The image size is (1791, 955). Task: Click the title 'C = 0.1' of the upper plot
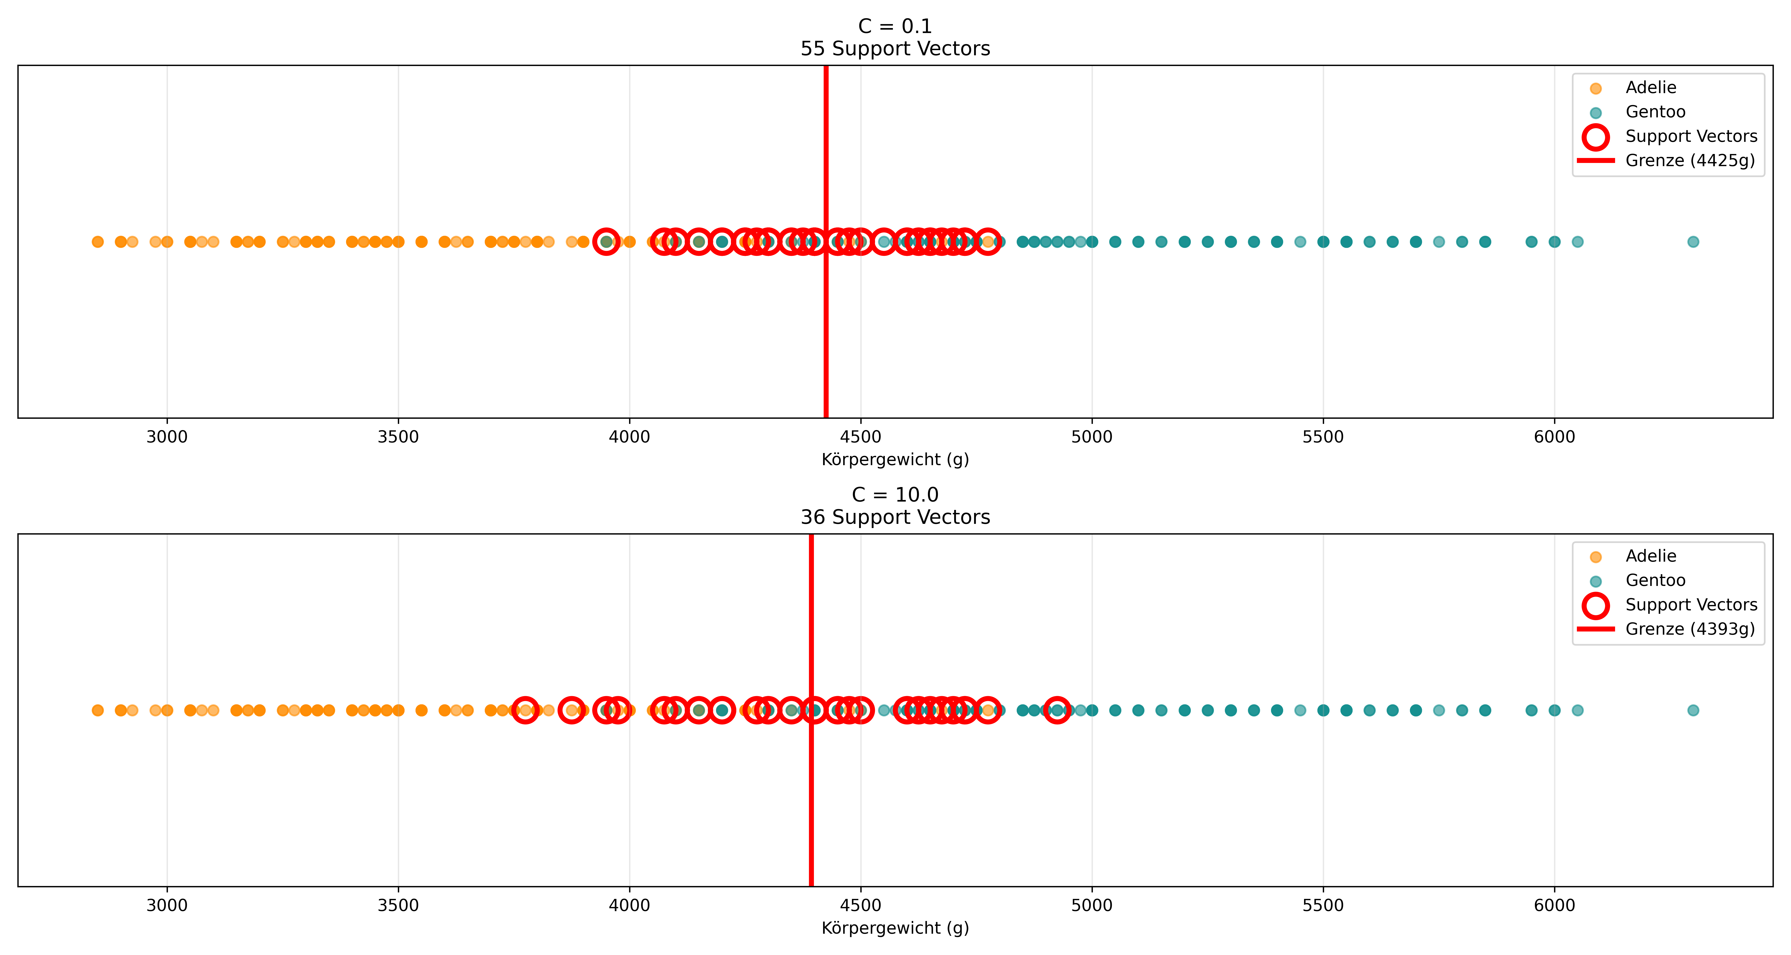tap(895, 26)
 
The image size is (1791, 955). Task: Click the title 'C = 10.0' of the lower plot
tap(895, 495)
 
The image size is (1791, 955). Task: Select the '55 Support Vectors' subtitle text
tap(895, 49)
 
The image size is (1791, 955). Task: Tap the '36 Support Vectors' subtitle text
tap(895, 517)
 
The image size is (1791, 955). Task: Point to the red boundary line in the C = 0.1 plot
tap(826, 242)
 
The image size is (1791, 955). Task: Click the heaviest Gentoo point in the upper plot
tap(1693, 242)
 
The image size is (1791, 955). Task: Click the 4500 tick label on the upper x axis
tap(861, 437)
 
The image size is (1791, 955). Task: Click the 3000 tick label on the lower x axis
tap(167, 906)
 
